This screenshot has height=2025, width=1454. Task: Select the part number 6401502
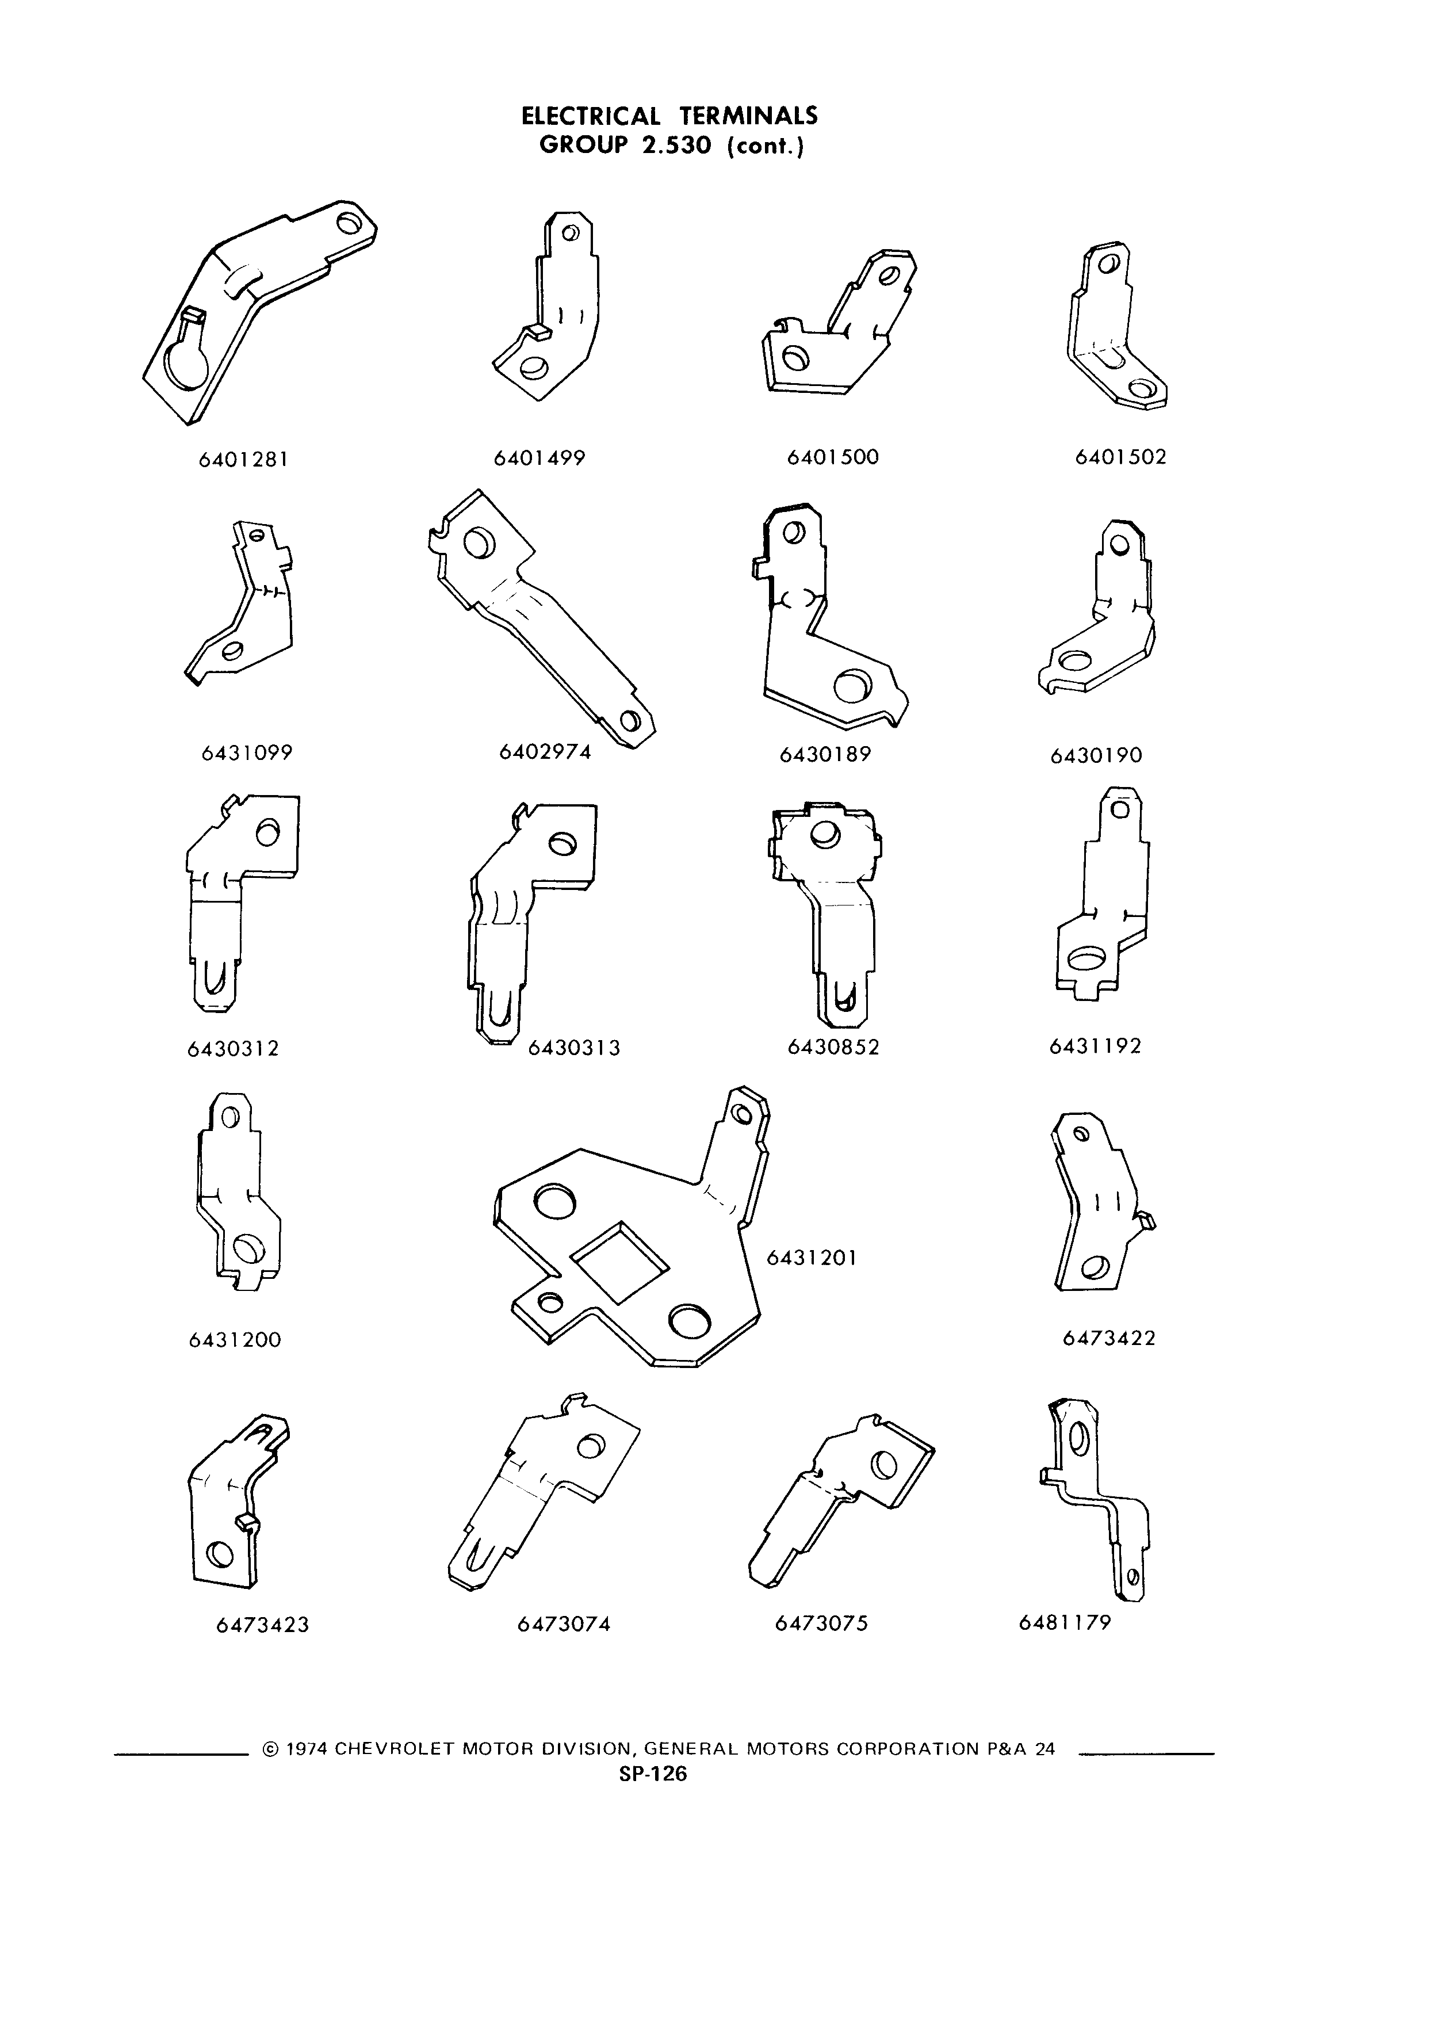pos(1121,457)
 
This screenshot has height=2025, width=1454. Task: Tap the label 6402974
pos(545,752)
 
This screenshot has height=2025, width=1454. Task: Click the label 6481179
pos(1065,1622)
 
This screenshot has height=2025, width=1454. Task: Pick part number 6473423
pos(262,1625)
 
